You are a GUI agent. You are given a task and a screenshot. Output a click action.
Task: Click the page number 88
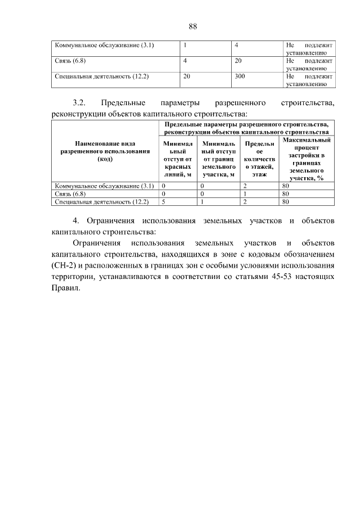pyautogui.click(x=192, y=26)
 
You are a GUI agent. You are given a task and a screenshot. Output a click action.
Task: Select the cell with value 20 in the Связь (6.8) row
pyautogui.click(x=238, y=60)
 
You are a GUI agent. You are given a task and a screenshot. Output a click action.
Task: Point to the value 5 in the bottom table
pyautogui.click(x=164, y=201)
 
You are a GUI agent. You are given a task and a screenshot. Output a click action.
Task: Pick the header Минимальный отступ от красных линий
pyautogui.click(x=178, y=159)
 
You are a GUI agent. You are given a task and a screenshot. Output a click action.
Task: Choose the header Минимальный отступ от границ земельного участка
pyautogui.click(x=218, y=159)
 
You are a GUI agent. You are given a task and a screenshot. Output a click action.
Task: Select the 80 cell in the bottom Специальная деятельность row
pyautogui.click(x=286, y=201)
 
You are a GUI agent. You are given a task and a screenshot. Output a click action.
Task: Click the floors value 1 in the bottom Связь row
pyautogui.click(x=246, y=193)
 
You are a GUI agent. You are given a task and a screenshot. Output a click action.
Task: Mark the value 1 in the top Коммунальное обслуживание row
pyautogui.click(x=186, y=44)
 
